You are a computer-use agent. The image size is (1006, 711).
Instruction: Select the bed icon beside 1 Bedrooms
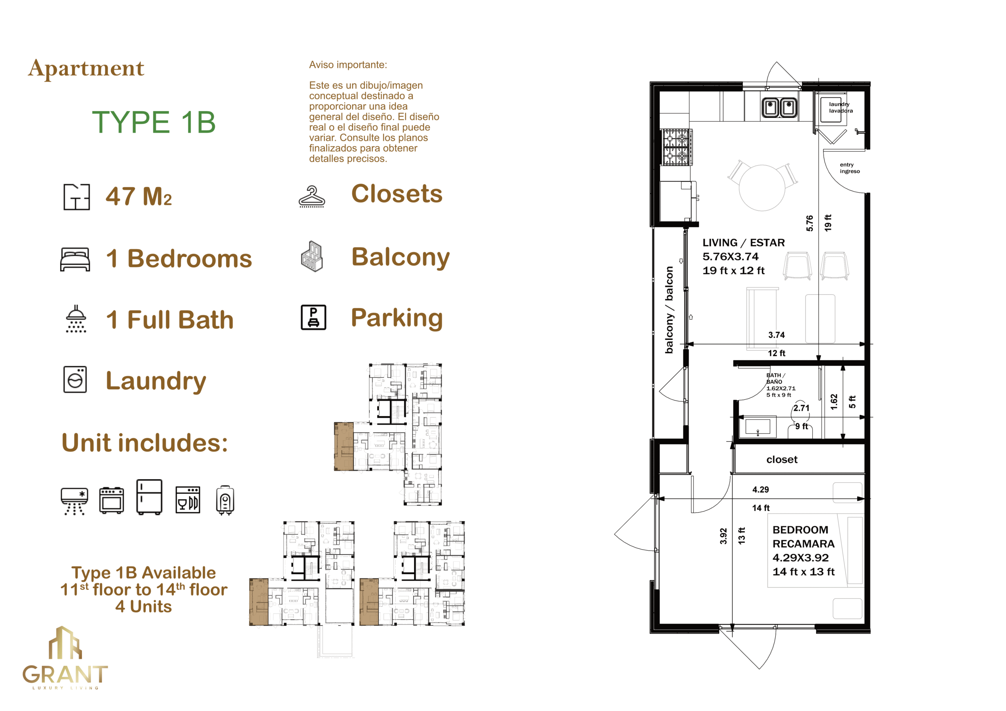pos(75,259)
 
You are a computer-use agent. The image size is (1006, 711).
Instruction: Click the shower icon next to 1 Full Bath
pos(76,319)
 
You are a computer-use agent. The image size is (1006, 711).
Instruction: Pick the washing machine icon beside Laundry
pos(75,379)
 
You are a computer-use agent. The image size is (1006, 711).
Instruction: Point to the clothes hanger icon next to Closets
pos(312,197)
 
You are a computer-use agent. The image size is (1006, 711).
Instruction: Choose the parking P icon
pos(313,317)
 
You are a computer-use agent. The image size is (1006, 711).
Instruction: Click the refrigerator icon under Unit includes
pos(149,497)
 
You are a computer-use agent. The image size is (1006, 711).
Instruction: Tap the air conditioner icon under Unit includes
pos(75,501)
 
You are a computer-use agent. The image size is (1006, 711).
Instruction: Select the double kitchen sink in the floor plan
pos(780,107)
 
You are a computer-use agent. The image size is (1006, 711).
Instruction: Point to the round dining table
pos(762,187)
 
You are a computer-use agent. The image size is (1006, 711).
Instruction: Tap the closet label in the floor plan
pos(782,460)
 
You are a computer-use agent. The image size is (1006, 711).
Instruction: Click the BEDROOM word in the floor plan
pos(800,530)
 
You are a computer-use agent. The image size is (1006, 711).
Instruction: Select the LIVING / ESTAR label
pos(743,243)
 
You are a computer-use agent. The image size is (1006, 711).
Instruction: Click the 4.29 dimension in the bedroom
pos(761,490)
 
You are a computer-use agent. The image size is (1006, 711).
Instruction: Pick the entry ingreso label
pos(850,168)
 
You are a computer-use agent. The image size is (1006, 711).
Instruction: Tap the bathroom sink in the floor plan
pos(758,427)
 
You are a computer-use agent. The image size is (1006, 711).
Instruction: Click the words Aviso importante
pos(348,65)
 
